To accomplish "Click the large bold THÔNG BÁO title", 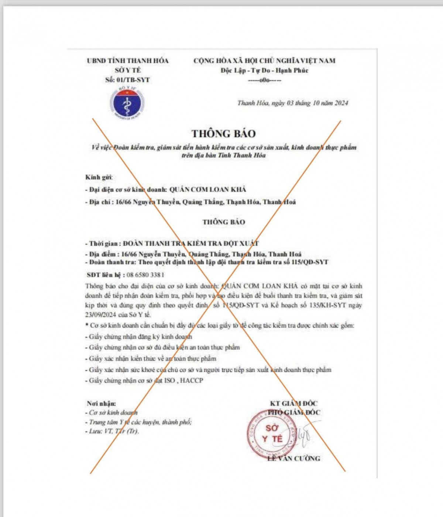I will click(223, 133).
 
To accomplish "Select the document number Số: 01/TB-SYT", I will click(127, 80).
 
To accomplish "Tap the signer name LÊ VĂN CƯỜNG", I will click(294, 459).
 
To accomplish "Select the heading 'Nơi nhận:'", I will click(102, 404).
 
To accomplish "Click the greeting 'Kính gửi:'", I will click(99, 177).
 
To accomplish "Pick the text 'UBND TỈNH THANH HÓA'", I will click(128, 61).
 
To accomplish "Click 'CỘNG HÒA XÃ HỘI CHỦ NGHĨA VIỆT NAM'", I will click(264, 61).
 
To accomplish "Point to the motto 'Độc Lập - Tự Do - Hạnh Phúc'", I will click(264, 71).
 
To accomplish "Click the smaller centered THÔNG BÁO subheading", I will click(223, 222).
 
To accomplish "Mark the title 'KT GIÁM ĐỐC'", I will click(293, 404).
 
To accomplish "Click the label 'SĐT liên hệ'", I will click(104, 275).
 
